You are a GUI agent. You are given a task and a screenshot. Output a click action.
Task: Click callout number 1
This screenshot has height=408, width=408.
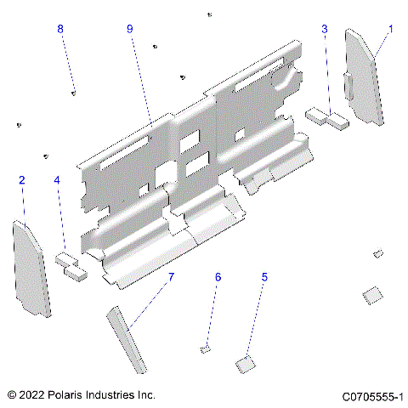(x=390, y=28)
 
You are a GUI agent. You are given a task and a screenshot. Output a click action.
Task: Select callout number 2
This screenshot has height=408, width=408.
(x=22, y=179)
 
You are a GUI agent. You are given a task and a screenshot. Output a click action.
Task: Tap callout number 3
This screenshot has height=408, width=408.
(x=325, y=29)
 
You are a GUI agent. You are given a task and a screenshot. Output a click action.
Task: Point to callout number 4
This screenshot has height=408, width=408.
(x=57, y=180)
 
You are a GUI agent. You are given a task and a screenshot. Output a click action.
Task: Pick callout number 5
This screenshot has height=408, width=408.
(x=264, y=277)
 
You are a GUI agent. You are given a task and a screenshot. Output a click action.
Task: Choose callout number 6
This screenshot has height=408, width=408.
(x=218, y=277)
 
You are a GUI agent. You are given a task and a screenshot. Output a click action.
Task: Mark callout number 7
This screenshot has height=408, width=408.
(x=170, y=277)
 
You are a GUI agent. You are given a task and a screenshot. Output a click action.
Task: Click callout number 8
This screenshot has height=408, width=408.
(x=60, y=29)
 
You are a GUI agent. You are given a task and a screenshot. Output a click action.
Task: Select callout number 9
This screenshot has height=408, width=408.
(x=130, y=29)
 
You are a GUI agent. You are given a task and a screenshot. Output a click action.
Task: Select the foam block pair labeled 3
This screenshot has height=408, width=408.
(x=327, y=117)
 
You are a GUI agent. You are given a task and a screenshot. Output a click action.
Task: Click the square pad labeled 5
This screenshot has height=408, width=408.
(x=245, y=365)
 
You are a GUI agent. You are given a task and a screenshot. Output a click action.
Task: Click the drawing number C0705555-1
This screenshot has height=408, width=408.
(x=372, y=396)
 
